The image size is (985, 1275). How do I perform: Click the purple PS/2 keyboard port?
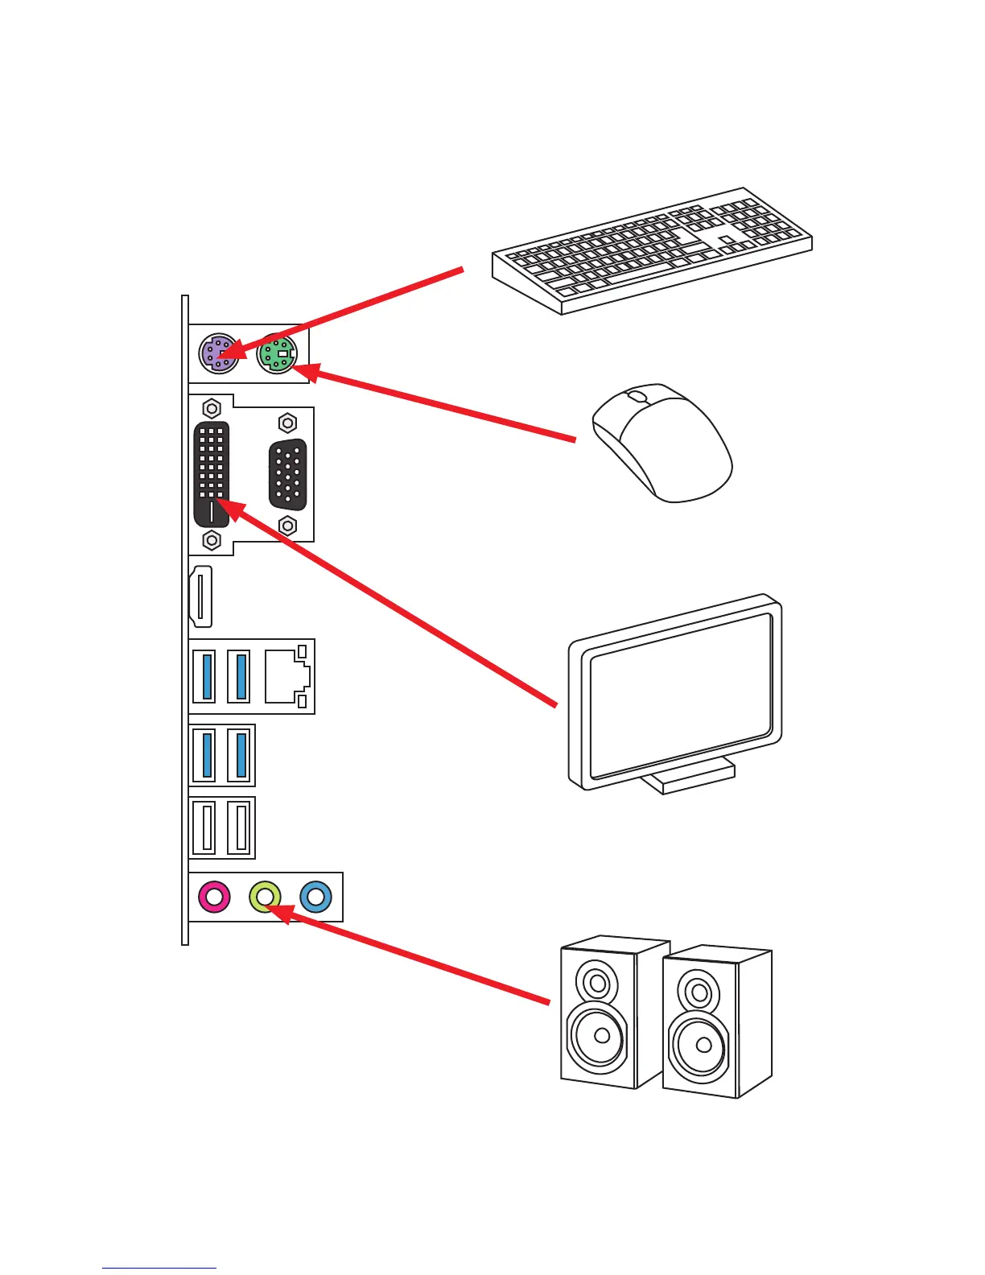point(218,353)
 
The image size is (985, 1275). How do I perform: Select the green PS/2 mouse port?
point(277,353)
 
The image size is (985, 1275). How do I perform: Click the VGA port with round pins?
point(287,474)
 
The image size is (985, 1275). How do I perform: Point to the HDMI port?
point(201,596)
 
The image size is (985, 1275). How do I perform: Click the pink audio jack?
point(214,896)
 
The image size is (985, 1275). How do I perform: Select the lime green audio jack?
point(265,896)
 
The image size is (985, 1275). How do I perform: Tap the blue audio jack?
point(315,896)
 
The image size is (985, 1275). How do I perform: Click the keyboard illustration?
point(652,250)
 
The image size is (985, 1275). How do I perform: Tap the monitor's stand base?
point(692,777)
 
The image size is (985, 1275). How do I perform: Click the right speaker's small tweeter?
point(699,992)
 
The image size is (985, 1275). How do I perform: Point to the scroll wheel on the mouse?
point(636,397)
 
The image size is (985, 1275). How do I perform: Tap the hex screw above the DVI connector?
point(212,408)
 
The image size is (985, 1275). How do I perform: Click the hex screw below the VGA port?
point(287,526)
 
